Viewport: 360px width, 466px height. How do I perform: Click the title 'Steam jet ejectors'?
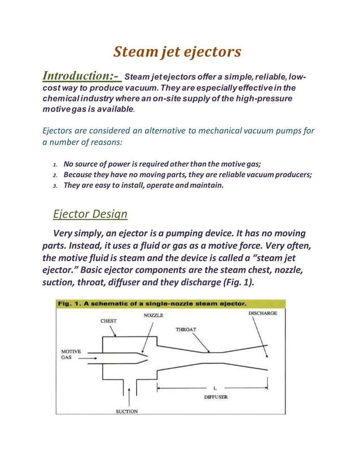[177, 52]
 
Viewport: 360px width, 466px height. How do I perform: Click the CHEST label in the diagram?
[108, 320]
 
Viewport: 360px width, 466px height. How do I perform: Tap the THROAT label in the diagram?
[186, 329]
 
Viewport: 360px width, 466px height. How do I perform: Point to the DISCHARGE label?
[262, 313]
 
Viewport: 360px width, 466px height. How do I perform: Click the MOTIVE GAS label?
[71, 354]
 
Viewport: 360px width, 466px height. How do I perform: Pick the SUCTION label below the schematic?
[126, 411]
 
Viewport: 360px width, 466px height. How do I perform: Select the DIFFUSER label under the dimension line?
[216, 397]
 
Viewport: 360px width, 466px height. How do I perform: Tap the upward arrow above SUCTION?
[130, 395]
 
